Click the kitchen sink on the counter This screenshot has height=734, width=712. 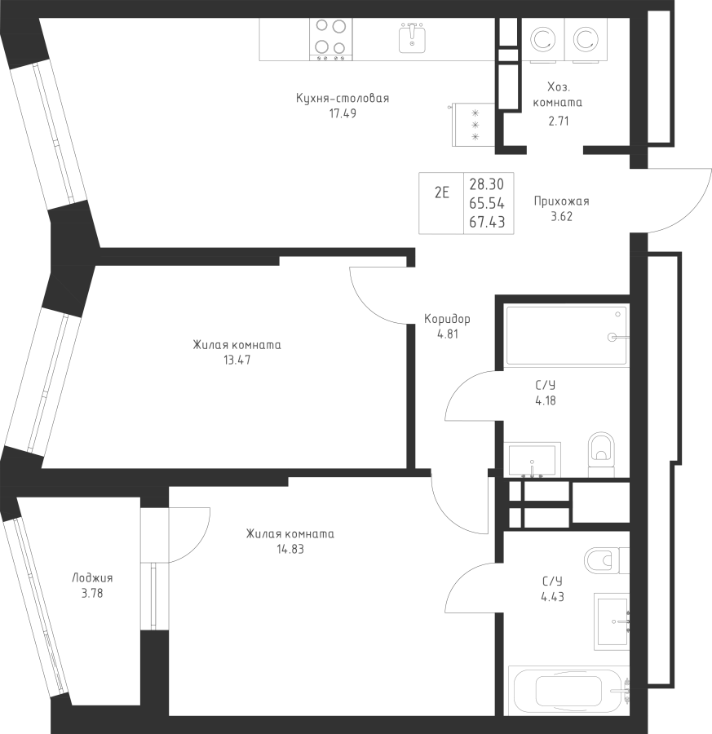tap(412, 38)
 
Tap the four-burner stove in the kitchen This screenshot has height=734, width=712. tap(331, 39)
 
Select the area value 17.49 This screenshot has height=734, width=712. tap(343, 113)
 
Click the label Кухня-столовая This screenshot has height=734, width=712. tap(343, 99)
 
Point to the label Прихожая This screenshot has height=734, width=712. tap(561, 201)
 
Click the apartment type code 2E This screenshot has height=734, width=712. tap(442, 192)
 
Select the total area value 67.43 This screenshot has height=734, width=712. tap(487, 222)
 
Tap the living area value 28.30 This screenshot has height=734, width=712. tap(487, 184)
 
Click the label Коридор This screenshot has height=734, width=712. tap(447, 319)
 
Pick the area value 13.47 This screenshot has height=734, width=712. tap(237, 360)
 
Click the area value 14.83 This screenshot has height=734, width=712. tap(290, 549)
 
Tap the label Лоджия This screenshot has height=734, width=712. tap(92, 578)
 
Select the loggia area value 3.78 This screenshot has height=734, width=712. tap(92, 594)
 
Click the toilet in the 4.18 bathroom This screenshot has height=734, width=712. tap(601, 453)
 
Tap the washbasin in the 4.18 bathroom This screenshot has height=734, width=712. tap(533, 460)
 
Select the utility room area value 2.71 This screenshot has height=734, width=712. tap(559, 122)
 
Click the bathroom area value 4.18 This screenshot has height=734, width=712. tap(546, 400)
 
